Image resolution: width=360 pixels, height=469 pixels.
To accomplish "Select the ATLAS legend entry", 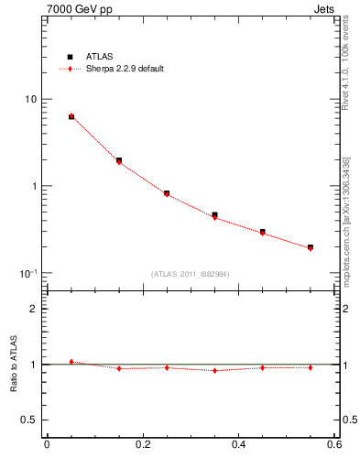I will click(x=96, y=57).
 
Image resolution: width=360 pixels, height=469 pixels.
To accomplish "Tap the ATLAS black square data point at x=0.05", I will click(x=71, y=116).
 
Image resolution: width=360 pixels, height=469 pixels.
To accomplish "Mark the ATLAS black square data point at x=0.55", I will click(x=311, y=247).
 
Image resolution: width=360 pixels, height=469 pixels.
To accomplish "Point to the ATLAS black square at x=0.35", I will click(x=214, y=215).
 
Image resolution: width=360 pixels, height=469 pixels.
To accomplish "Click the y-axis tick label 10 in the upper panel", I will click(x=29, y=99).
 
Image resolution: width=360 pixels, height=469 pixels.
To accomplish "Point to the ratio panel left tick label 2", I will click(x=34, y=310).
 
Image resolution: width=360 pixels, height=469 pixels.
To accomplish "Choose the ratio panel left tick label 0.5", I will click(x=29, y=420).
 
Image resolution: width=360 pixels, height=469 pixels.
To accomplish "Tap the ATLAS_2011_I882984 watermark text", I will click(x=191, y=274).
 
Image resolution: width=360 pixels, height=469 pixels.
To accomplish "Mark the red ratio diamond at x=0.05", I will click(x=71, y=362).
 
